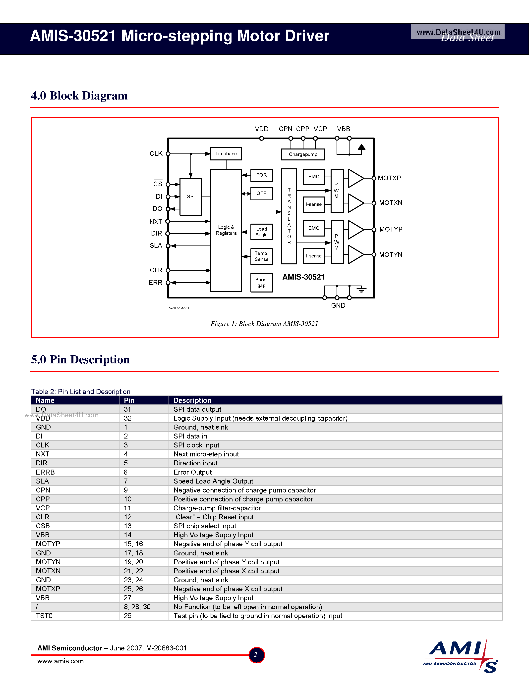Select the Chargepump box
(303, 154)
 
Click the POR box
(261, 175)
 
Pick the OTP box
(261, 194)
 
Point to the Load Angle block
(261, 232)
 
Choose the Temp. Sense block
(261, 256)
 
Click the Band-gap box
(261, 283)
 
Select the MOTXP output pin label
(389, 178)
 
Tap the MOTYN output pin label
(391, 255)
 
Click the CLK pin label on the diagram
(156, 153)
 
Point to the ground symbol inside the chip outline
(361, 290)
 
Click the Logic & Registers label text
(226, 230)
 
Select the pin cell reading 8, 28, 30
(137, 607)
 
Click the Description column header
(192, 400)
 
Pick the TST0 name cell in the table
(44, 616)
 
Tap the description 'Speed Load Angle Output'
(213, 481)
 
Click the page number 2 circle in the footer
(256, 655)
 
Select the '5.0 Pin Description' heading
(80, 360)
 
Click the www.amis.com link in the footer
(60, 661)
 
